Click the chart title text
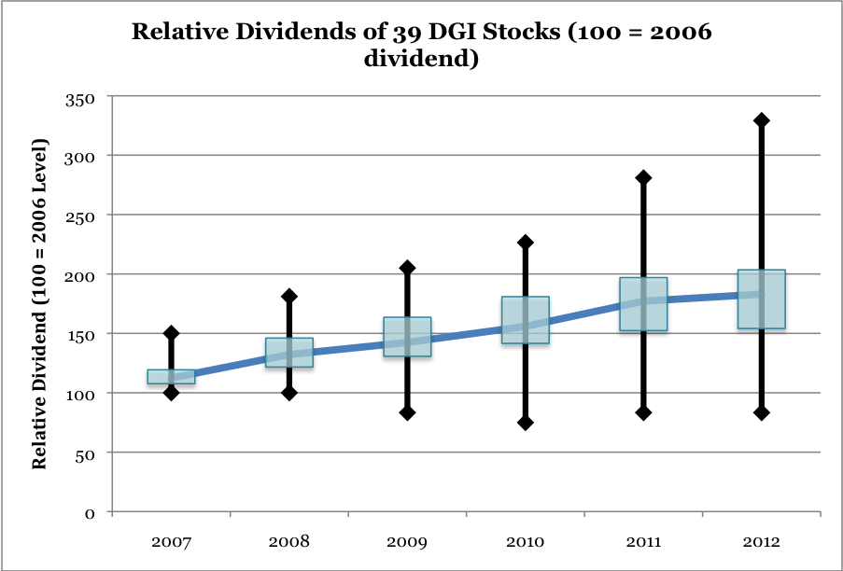click(x=421, y=45)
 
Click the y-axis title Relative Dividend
click(x=40, y=304)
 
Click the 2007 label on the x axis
click(x=170, y=542)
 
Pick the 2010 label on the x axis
click(x=525, y=542)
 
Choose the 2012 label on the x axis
click(x=761, y=542)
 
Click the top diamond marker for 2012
click(x=761, y=120)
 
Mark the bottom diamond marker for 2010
click(x=525, y=423)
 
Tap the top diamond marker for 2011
click(x=643, y=177)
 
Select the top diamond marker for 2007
click(x=171, y=333)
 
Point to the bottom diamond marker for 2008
click(x=288, y=393)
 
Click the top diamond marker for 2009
click(x=407, y=268)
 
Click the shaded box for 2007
click(x=171, y=377)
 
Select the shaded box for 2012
click(x=761, y=299)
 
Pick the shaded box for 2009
click(x=407, y=337)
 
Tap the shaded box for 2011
click(x=643, y=304)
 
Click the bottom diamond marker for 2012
click(x=761, y=413)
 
